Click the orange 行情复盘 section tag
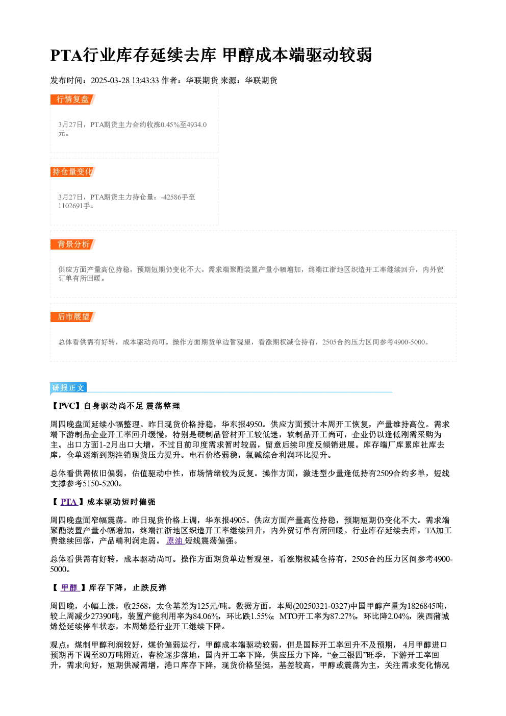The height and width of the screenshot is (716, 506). click(x=73, y=100)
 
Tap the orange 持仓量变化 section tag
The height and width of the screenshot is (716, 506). click(x=73, y=172)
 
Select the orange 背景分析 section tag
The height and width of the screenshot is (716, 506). click(x=73, y=244)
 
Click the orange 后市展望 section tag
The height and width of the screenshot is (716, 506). click(x=73, y=317)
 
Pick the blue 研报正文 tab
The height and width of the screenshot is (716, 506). click(x=68, y=388)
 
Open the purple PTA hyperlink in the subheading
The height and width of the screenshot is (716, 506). click(x=69, y=502)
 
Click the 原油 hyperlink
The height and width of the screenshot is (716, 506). click(x=174, y=541)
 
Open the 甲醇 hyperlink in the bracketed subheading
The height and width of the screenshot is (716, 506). click(x=69, y=588)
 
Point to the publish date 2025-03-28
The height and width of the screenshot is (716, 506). click(x=110, y=81)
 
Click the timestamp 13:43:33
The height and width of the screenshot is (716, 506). click(x=145, y=81)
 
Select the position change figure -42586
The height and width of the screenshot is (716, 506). click(x=171, y=197)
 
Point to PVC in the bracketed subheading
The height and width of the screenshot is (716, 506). click(x=67, y=406)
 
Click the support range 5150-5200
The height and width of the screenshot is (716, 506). click(x=100, y=484)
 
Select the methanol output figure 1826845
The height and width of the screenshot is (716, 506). click(x=418, y=606)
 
